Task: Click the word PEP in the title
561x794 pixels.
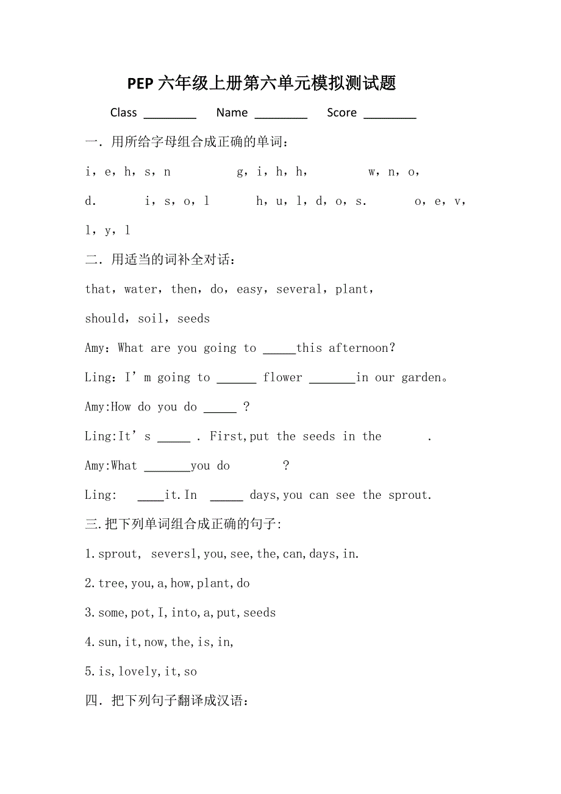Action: coord(140,84)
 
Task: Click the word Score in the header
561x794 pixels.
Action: coord(341,113)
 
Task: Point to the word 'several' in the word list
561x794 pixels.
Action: coord(299,289)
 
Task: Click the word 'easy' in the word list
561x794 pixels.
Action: coord(249,290)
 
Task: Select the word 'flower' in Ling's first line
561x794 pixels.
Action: coord(282,377)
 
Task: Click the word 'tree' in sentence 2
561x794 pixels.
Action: coord(112,583)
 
